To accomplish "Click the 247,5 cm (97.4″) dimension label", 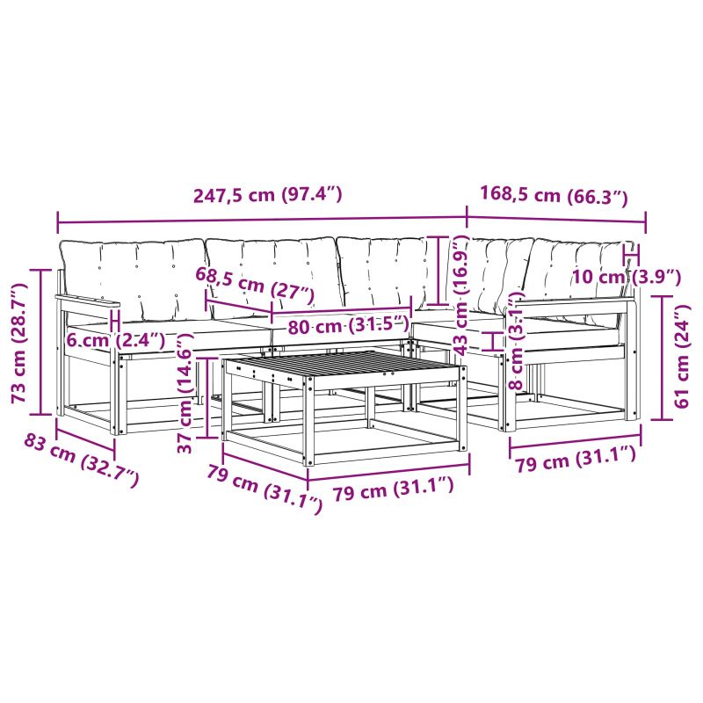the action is pos(268,194).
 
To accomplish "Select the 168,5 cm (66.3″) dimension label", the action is pos(554,195).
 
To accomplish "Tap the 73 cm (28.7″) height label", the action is pos(19,344).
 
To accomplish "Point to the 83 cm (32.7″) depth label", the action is pos(82,460).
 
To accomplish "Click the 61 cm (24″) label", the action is pos(681,357).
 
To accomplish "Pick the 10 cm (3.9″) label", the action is pos(627,277).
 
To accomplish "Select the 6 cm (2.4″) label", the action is pos(116,340).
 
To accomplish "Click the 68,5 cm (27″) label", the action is pos(255,286).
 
